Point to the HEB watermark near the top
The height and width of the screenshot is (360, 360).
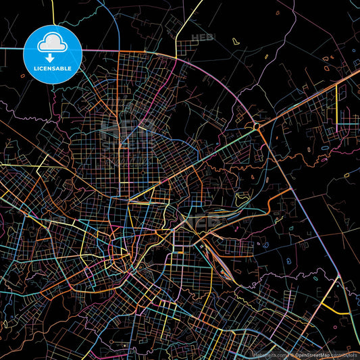(x=201, y=38)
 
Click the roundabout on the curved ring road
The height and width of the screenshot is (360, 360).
(x=257, y=126)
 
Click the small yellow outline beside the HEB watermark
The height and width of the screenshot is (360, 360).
(x=235, y=41)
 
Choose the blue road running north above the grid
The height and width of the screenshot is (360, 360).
(x=116, y=27)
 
